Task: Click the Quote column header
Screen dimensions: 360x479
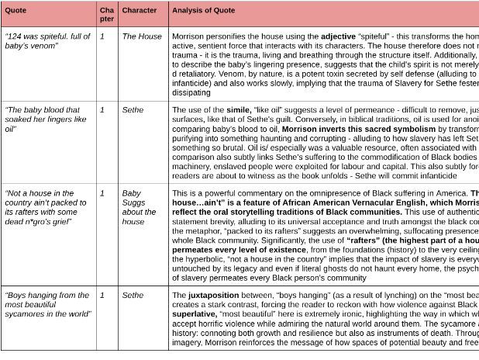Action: [x=16, y=12]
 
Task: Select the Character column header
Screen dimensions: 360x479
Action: [x=140, y=12]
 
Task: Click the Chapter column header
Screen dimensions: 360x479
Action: [x=106, y=14]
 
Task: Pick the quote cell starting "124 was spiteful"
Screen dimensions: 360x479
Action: [x=47, y=41]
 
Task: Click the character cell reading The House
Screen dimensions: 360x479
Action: [x=143, y=36]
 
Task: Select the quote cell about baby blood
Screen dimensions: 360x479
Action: [x=43, y=119]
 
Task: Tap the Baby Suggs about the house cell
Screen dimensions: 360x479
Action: [x=139, y=206]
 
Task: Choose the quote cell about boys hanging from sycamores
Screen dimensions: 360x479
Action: [x=47, y=304]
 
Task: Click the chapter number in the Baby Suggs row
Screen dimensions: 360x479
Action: [x=102, y=192]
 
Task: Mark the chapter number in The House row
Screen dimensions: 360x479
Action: [x=102, y=36]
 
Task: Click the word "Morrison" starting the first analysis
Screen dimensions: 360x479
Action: [x=188, y=36]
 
